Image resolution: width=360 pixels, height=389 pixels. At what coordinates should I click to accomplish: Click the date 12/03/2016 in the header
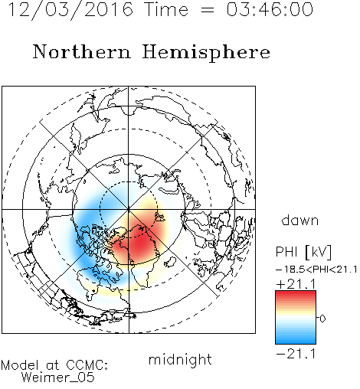coord(70,10)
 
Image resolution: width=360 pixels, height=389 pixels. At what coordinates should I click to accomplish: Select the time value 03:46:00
coord(270,9)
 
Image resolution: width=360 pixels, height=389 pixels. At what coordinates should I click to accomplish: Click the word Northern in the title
coord(81,51)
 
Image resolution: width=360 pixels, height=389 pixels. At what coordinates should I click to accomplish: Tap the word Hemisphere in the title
coord(206,53)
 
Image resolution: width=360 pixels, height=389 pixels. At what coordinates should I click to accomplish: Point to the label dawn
coord(300,221)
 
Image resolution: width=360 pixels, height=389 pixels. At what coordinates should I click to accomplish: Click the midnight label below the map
coord(180,359)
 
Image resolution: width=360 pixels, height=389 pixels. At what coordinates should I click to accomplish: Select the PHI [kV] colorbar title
coord(303,252)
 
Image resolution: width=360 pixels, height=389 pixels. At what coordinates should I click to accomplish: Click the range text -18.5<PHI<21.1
coord(316,270)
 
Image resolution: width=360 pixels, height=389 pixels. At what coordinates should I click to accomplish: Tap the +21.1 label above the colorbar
coord(296,284)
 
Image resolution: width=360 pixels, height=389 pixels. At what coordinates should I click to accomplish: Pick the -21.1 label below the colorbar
coord(296,354)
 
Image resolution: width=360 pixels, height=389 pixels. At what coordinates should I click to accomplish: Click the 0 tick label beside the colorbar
coord(322,319)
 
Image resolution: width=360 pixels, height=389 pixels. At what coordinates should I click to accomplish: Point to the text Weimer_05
coord(58,377)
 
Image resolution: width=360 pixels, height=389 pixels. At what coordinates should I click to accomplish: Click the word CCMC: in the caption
coord(87,365)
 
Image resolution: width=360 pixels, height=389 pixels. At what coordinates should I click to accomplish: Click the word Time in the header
coord(166,9)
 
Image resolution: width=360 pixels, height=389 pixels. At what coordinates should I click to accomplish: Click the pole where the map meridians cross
coord(129,209)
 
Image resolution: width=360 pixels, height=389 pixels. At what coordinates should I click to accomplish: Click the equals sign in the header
coord(208,10)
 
